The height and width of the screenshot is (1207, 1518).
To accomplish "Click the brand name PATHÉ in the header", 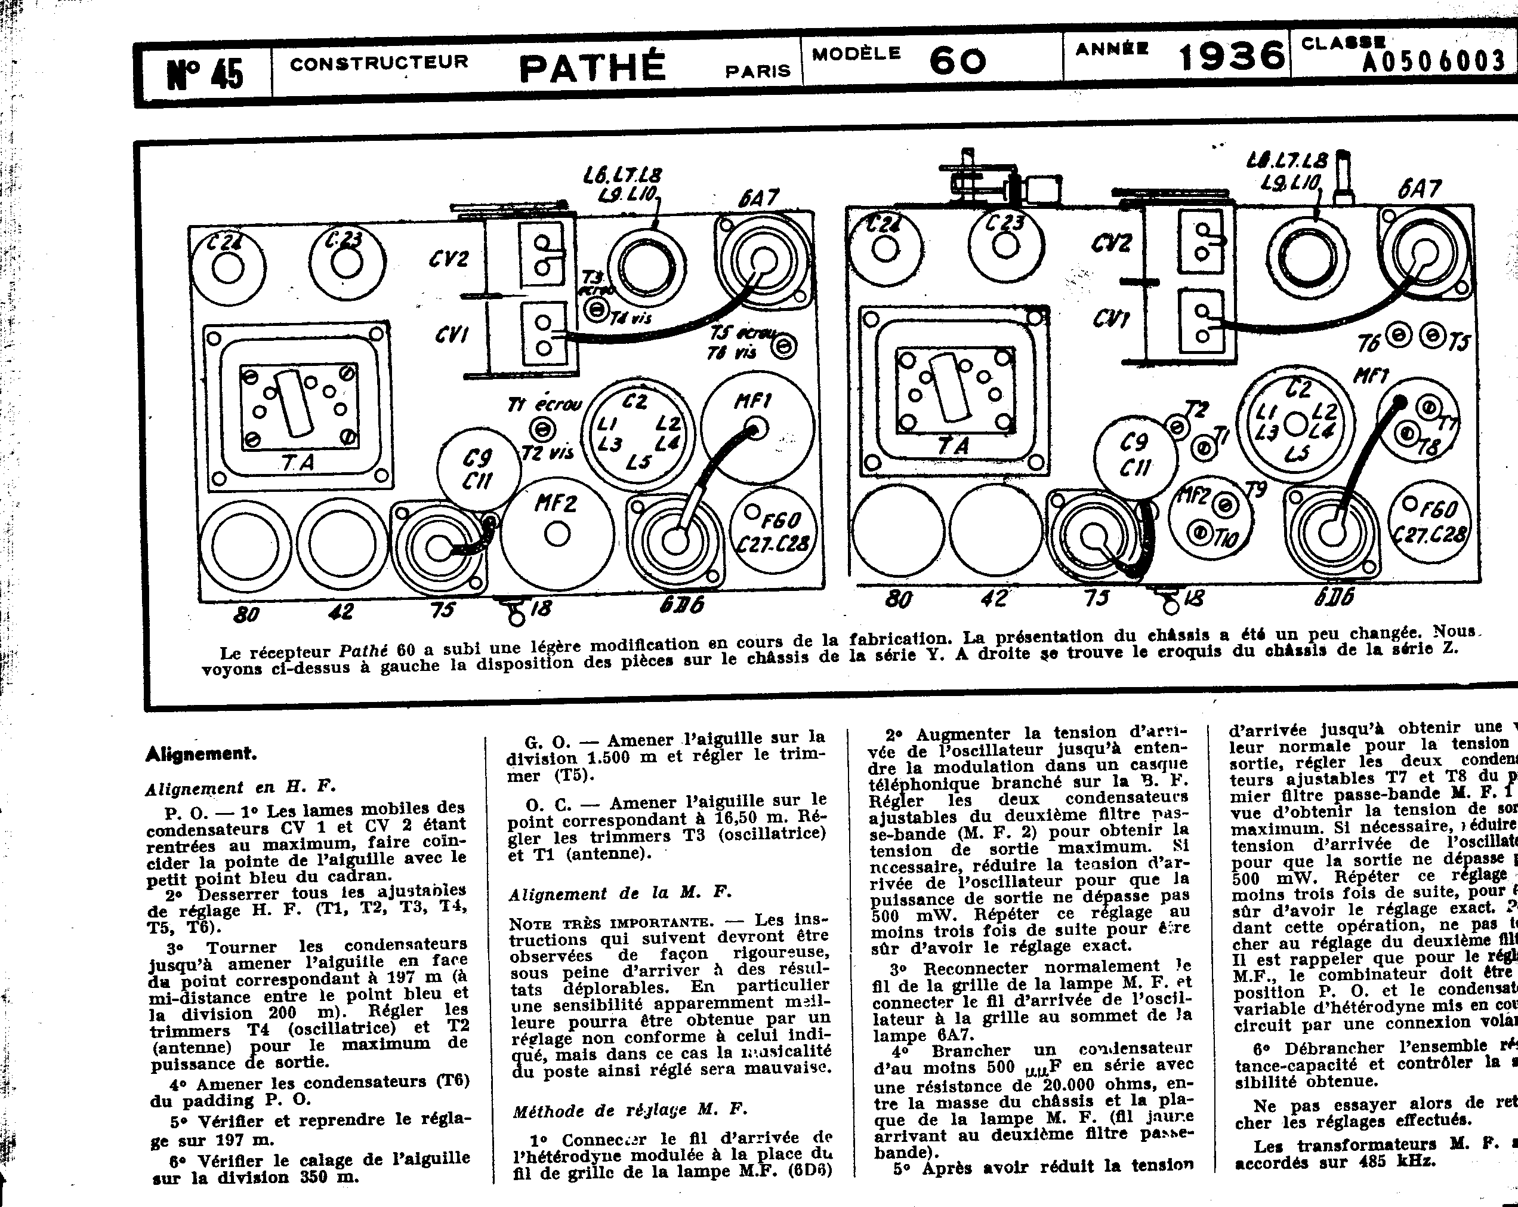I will [x=591, y=67].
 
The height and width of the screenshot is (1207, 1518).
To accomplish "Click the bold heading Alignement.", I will [x=201, y=754].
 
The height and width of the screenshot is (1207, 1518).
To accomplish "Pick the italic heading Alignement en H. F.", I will [x=241, y=788].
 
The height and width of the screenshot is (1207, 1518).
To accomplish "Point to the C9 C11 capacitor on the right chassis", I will [x=1134, y=454].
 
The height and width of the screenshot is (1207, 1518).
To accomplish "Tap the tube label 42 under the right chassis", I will [x=994, y=598].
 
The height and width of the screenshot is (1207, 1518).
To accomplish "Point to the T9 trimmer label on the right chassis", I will [x=1255, y=489].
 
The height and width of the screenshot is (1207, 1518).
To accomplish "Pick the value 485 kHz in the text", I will [x=1397, y=1161].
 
